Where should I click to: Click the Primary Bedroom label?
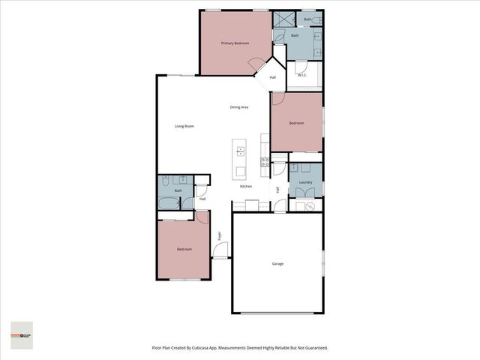click(235, 43)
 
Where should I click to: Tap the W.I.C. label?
click(303, 75)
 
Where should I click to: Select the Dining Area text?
click(239, 107)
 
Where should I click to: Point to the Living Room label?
click(184, 126)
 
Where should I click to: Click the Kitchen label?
click(246, 186)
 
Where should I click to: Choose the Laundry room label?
click(305, 182)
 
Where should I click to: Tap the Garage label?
click(277, 263)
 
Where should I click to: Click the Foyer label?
click(220, 236)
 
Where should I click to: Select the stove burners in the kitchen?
click(265, 161)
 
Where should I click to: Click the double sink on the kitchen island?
click(241, 149)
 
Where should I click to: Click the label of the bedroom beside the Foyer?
click(184, 249)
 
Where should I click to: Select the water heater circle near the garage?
click(311, 207)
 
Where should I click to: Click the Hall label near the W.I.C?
click(273, 78)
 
